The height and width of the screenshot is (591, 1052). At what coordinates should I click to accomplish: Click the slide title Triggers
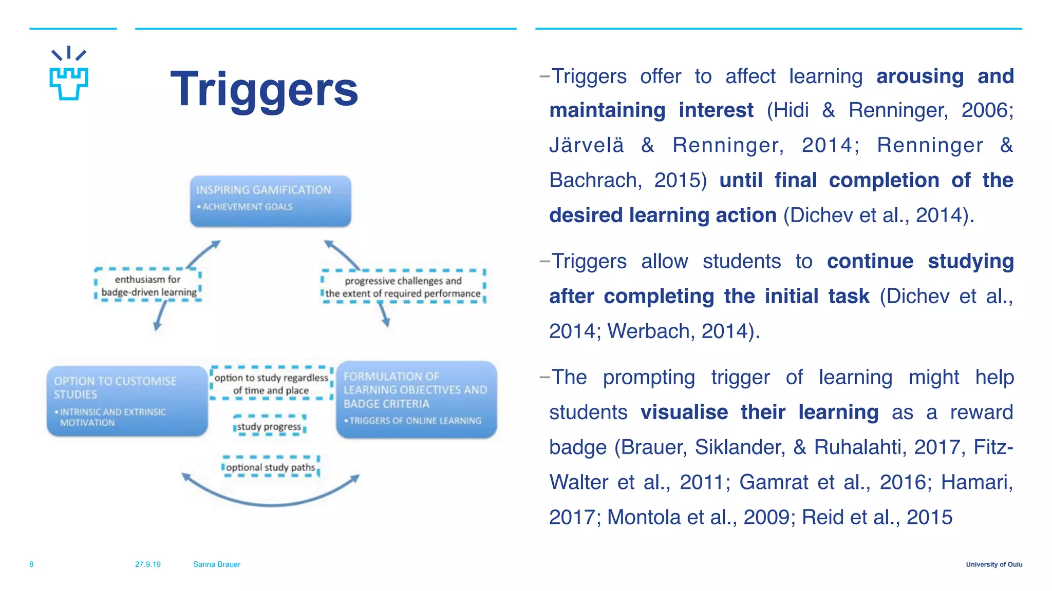pyautogui.click(x=264, y=90)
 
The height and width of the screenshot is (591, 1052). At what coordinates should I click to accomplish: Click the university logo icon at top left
pyautogui.click(x=69, y=74)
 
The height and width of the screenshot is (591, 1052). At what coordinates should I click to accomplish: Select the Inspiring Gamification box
pyautogui.click(x=270, y=201)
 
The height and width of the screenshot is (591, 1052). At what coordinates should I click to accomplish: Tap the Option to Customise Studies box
pyautogui.click(x=127, y=401)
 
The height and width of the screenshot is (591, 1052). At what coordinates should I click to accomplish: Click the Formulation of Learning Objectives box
pyautogui.click(x=416, y=400)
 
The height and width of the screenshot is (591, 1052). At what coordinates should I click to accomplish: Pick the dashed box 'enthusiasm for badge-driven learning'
pyautogui.click(x=148, y=285)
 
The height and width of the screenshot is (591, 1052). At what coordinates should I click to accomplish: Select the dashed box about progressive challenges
pyautogui.click(x=403, y=287)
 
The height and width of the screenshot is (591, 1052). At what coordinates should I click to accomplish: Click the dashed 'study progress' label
pyautogui.click(x=270, y=426)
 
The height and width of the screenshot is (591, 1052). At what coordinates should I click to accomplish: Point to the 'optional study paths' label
pyautogui.click(x=271, y=467)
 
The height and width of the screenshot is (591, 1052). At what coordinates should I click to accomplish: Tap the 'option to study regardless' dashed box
pyautogui.click(x=271, y=384)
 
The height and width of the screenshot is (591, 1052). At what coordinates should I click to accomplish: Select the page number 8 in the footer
pyautogui.click(x=31, y=564)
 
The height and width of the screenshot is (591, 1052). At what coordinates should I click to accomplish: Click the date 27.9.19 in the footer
pyautogui.click(x=148, y=564)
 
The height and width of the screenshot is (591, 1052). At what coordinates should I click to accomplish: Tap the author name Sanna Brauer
pyautogui.click(x=217, y=564)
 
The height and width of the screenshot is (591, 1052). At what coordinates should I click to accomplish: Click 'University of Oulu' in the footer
pyautogui.click(x=994, y=564)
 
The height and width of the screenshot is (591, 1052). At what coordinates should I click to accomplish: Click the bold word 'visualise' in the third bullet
pyautogui.click(x=684, y=412)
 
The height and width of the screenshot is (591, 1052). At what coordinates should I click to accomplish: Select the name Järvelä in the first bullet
pyautogui.click(x=587, y=145)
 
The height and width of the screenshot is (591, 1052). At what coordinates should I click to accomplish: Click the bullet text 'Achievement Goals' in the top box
pyautogui.click(x=247, y=207)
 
